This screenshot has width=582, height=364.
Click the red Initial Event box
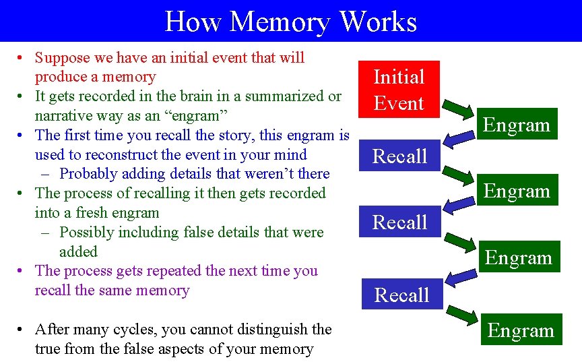[x=399, y=89]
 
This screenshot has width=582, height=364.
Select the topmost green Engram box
[x=517, y=125]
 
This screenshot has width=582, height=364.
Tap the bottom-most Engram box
[x=521, y=330]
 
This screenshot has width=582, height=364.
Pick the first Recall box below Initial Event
[x=400, y=156]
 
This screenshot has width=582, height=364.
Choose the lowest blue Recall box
[x=401, y=295]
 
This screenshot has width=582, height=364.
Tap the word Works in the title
[x=378, y=21]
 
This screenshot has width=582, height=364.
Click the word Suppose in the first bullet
[x=61, y=58]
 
